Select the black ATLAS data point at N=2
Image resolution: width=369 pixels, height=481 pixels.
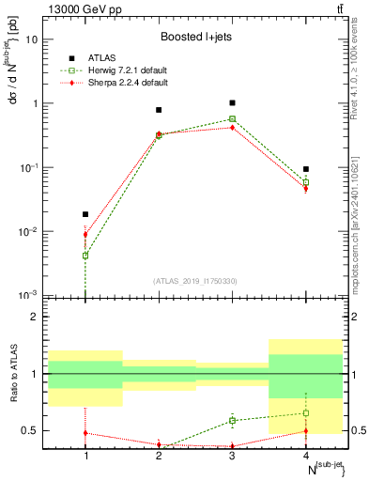tap(159, 110)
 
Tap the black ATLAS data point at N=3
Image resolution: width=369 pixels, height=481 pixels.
tap(232, 102)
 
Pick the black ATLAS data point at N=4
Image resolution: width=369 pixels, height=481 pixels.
tap(305, 169)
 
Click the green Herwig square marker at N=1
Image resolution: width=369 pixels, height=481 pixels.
tap(85, 256)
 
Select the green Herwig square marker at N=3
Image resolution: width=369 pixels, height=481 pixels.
tap(232, 119)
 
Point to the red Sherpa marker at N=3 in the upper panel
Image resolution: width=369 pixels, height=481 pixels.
tap(232, 127)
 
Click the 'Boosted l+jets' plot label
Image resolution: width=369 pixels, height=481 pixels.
tap(195, 39)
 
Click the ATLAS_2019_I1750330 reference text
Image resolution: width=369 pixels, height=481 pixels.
tap(195, 281)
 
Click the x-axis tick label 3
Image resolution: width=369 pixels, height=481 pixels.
tap(232, 455)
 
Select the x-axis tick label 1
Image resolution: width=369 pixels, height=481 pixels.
tap(85, 455)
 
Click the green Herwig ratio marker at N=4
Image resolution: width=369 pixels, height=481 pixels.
tap(305, 412)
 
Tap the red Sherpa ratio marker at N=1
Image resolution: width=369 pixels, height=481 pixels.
tap(85, 433)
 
